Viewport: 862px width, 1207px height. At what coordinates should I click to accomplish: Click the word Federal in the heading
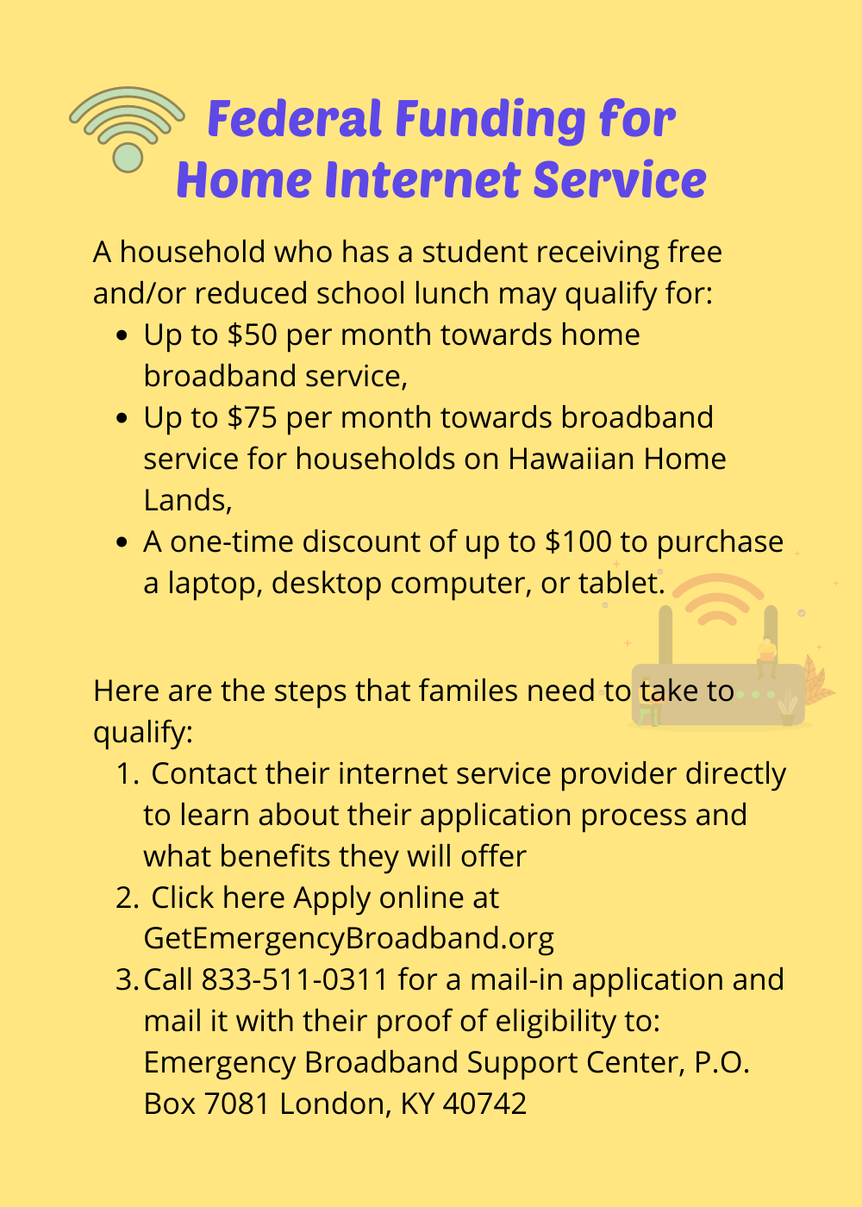[295, 119]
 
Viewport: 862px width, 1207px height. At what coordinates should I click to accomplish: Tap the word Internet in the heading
[423, 179]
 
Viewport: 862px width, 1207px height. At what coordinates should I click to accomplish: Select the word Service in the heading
[620, 179]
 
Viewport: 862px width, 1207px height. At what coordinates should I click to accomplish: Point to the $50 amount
[252, 335]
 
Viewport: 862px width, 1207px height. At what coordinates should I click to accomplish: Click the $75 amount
[252, 417]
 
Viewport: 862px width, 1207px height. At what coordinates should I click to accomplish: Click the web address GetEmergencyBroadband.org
[348, 939]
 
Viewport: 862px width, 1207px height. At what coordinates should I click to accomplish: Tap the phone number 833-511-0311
[295, 979]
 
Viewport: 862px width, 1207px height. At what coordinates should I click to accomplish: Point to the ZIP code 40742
[484, 1104]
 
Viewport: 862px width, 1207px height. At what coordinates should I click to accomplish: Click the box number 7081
[237, 1104]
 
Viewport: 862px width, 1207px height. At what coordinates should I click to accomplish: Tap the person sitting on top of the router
[766, 657]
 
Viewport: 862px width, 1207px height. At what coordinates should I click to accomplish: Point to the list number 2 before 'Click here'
[128, 897]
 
